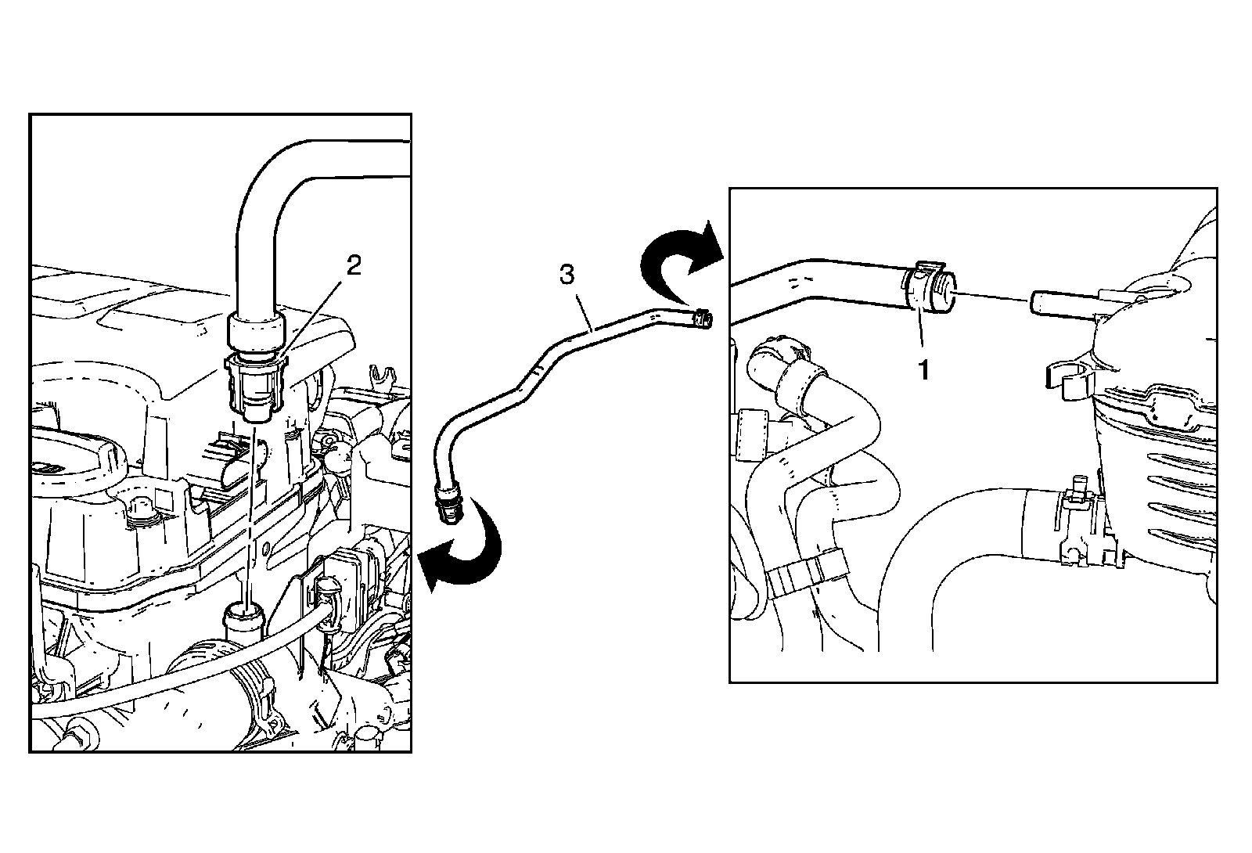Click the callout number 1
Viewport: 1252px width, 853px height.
(924, 370)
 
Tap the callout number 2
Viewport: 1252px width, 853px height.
(354, 266)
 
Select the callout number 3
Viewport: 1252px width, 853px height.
(567, 275)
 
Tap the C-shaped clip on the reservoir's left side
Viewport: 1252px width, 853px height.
(1067, 376)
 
